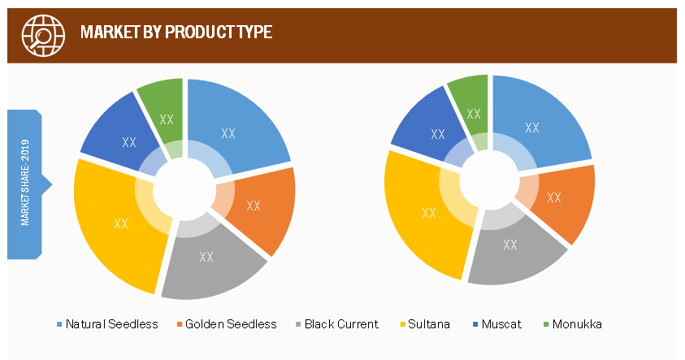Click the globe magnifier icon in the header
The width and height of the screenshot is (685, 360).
(x=43, y=36)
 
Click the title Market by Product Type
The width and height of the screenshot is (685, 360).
(x=176, y=32)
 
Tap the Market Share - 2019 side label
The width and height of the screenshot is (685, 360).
(x=25, y=183)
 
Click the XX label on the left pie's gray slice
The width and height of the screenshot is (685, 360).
(x=206, y=257)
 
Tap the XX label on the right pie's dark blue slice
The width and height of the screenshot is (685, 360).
(x=438, y=134)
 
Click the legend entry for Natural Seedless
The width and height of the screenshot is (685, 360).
(x=107, y=324)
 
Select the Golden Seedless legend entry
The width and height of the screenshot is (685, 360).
(x=227, y=324)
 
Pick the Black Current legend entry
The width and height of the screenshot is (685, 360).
(x=337, y=324)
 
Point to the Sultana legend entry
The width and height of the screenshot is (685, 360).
(x=425, y=324)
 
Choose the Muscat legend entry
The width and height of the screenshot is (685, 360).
(x=497, y=324)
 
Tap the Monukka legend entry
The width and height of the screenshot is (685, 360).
(x=573, y=324)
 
